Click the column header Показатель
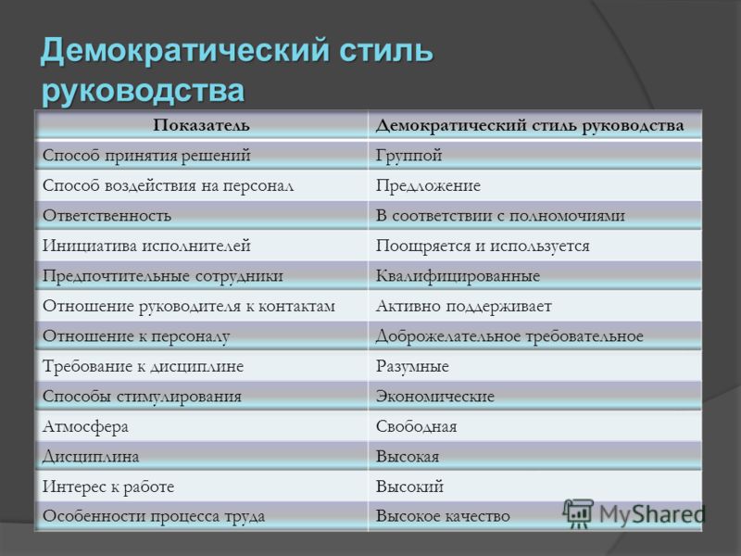[x=201, y=125]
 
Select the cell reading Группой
[x=408, y=155]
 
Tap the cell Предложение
[x=428, y=185]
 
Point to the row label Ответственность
[x=107, y=216]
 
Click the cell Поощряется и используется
[x=483, y=246]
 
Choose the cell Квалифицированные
[x=458, y=275]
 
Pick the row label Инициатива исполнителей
[x=146, y=246]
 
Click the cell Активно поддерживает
[x=464, y=307]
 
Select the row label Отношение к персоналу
[x=136, y=336]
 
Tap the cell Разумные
[x=412, y=366]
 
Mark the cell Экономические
[x=434, y=397]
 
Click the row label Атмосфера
[x=85, y=426]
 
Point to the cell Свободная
[x=416, y=426]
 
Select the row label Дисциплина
[x=91, y=457]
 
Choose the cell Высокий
[x=409, y=486]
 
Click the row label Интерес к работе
[x=108, y=486]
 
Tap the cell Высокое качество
[x=443, y=516]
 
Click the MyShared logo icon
[x=577, y=513]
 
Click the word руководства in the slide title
[x=143, y=90]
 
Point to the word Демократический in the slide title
[x=184, y=50]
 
